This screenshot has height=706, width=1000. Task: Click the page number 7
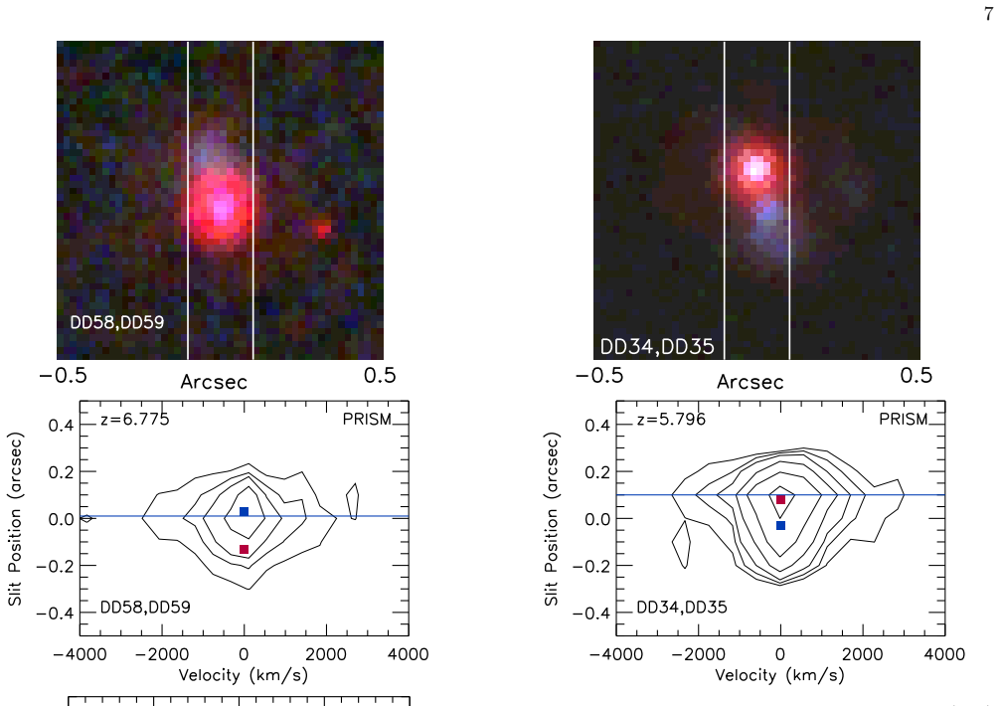coord(988,14)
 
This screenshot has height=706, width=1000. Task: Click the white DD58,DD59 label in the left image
coord(116,322)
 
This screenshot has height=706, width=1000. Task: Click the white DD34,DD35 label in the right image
coord(657,346)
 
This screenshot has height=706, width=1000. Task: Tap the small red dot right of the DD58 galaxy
coord(323,229)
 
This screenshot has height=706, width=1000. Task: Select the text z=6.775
coord(135,419)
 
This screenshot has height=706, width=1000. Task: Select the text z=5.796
coord(672,419)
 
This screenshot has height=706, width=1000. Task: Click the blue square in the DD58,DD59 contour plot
coord(244,511)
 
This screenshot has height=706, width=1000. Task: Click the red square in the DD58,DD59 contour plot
coord(244,549)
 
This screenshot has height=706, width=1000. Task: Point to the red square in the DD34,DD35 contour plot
coord(780,499)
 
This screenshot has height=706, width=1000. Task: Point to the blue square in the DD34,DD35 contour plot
coord(780,525)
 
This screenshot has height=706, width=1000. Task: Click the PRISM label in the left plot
coord(367,419)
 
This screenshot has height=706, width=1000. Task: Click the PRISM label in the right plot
coord(903,419)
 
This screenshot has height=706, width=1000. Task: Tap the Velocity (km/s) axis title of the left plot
coord(243,675)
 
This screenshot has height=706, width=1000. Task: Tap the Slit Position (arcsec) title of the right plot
coord(551,519)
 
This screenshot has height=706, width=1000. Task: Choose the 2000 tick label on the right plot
coord(862,654)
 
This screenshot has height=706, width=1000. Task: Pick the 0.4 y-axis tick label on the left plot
coord(62,425)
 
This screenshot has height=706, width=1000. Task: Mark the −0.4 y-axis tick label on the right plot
coord(591,613)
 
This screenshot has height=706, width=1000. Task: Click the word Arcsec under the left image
coord(214,382)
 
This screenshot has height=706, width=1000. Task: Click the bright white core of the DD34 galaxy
coord(756,169)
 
